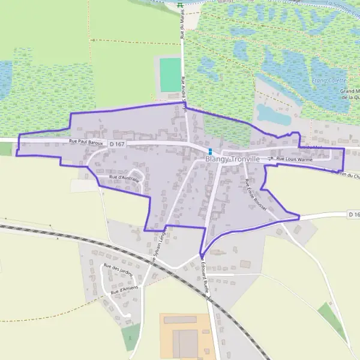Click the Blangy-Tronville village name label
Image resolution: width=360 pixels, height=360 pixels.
[x=232, y=160]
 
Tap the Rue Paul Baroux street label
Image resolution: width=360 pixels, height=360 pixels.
[x=88, y=142]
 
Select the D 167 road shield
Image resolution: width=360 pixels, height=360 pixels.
[x=117, y=144]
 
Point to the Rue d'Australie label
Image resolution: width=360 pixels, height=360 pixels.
[x=124, y=178]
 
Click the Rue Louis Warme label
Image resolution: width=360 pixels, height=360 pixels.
[x=295, y=160]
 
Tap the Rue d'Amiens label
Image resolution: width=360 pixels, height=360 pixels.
[x=124, y=289]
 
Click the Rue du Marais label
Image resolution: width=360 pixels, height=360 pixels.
[x=181, y=27]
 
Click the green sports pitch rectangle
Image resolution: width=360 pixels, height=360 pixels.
[x=170, y=74]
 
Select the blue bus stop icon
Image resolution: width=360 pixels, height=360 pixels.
[x=210, y=151]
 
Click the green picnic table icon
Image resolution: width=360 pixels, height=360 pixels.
[x=181, y=5]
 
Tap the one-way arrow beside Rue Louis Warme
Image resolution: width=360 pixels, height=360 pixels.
[x=271, y=159]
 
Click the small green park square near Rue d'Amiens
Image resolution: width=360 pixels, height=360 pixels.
[x=131, y=337]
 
